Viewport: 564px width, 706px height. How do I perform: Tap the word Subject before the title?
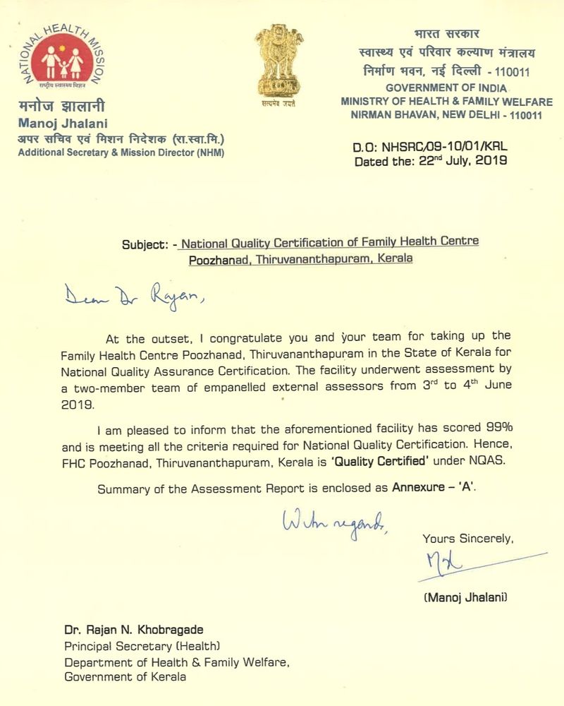coord(145,244)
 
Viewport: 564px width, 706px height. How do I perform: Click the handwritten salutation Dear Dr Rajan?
coord(133,297)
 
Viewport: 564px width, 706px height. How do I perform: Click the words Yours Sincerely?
coord(467,539)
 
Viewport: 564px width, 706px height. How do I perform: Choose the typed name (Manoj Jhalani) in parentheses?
coord(465,597)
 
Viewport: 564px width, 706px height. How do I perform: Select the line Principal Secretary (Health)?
coord(142,645)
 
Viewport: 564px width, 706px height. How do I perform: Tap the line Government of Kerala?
coord(125,677)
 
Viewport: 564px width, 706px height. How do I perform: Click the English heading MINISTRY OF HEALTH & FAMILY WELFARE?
coord(446,102)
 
